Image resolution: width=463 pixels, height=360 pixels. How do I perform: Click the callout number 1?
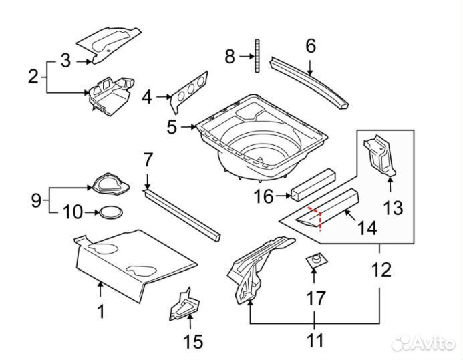pos(101,311)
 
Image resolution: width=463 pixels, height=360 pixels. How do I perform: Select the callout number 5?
pos(172,126)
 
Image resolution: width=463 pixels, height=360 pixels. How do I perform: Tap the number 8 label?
pos(230,57)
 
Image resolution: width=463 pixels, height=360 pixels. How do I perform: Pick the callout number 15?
pos(192,341)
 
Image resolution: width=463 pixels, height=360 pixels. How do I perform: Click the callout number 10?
pos(73,213)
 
